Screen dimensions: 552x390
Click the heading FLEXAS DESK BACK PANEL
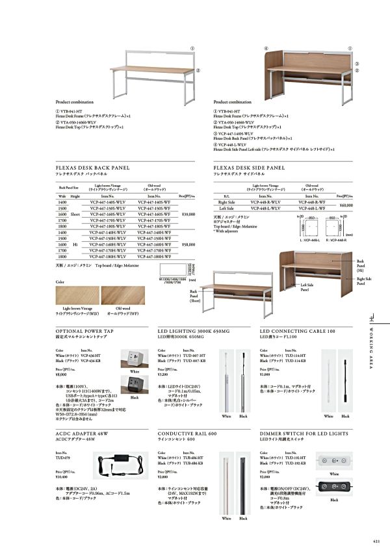92,167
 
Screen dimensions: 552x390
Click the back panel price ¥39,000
188,214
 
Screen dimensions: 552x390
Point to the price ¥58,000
188,244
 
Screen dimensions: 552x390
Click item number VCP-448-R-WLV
265,202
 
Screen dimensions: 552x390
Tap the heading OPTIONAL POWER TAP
85,330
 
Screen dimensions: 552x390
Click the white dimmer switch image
334,460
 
